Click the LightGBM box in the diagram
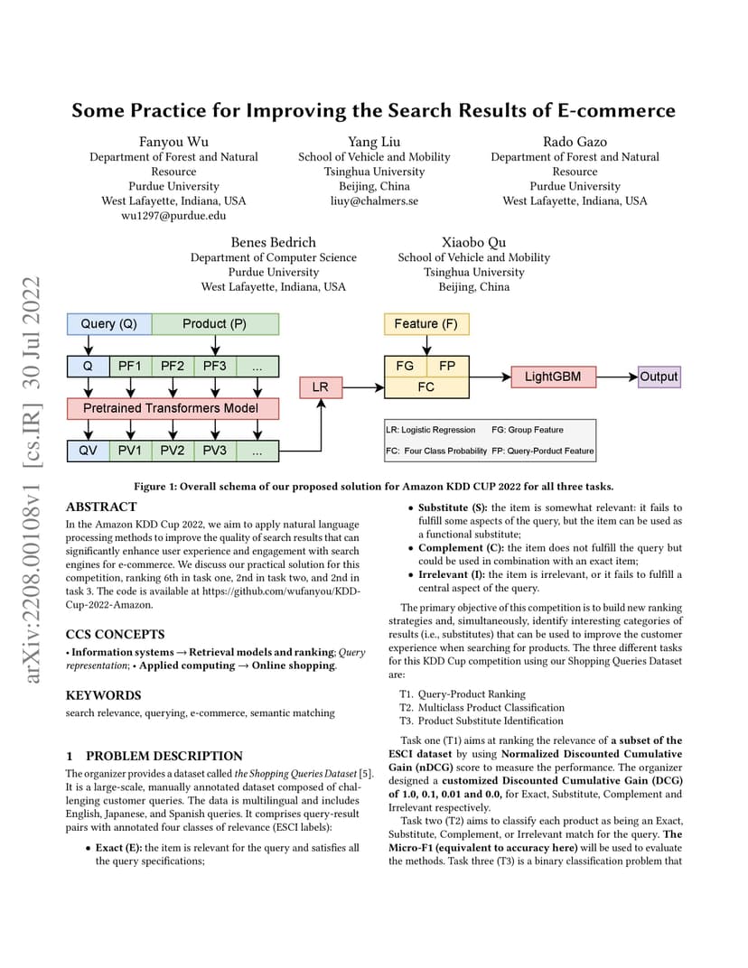[554, 377]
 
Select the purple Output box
[659, 377]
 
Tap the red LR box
[321, 387]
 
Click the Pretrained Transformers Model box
[173, 408]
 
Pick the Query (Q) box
[109, 324]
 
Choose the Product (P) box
[215, 324]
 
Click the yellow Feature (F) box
[426, 324]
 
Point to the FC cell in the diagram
[426, 387]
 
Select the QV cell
[89, 451]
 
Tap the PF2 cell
[173, 366]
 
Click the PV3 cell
[215, 451]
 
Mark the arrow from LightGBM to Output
[617, 377]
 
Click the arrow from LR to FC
[363, 387]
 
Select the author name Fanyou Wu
[173, 142]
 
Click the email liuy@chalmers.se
[374, 201]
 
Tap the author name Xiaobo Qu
[473, 243]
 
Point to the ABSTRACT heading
[101, 507]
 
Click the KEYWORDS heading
[103, 695]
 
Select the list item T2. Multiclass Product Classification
[482, 707]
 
